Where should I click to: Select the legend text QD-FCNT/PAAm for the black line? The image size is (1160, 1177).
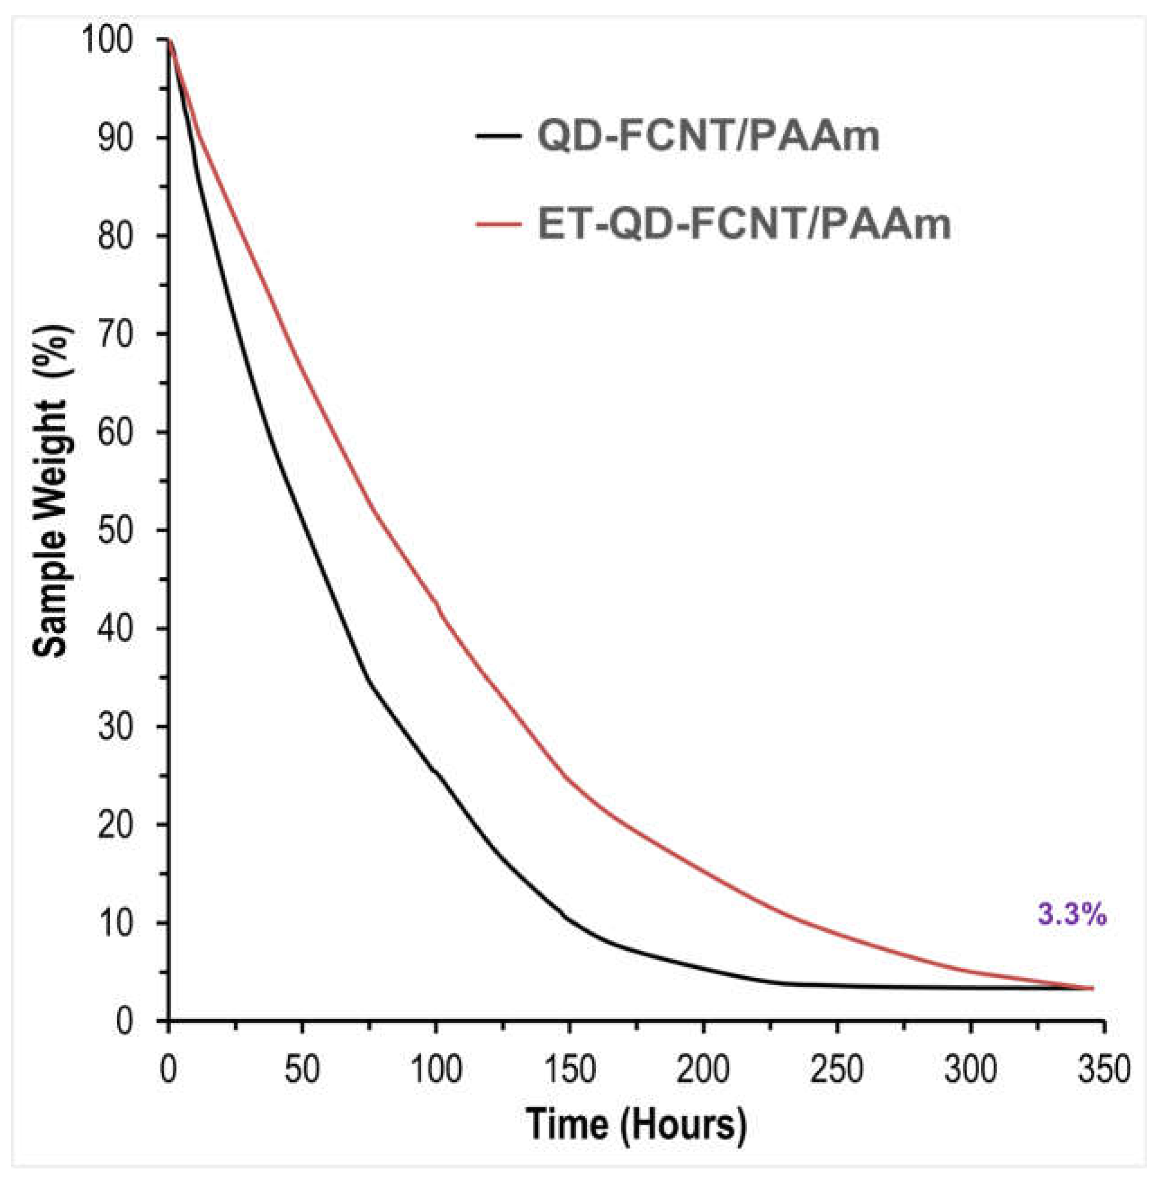click(708, 135)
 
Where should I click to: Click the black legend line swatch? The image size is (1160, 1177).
click(498, 135)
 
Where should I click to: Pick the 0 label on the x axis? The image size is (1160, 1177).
click(168, 1069)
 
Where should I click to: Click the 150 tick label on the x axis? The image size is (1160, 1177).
click(570, 1069)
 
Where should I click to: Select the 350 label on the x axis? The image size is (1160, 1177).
click(1103, 1069)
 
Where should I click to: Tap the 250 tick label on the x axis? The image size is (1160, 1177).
click(836, 1069)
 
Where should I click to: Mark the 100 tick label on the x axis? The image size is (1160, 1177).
click(436, 1069)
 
